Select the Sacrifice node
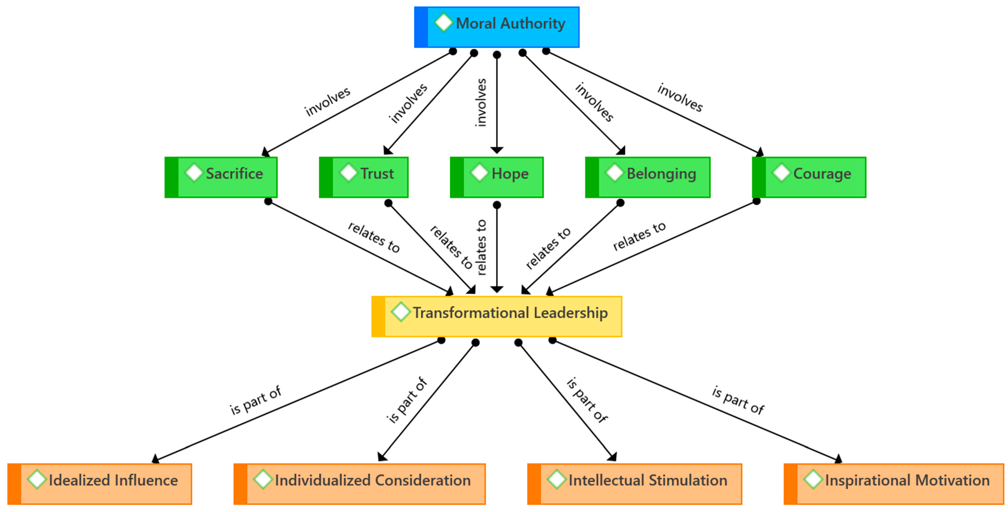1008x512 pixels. tap(221, 177)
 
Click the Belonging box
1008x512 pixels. tap(648, 177)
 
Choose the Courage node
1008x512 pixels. tap(809, 177)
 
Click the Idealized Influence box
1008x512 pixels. tap(100, 484)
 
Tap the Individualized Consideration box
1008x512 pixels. tap(360, 484)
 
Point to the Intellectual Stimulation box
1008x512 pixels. tap(634, 484)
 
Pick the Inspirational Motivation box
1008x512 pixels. tap(894, 484)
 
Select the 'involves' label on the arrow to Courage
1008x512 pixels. tap(680, 97)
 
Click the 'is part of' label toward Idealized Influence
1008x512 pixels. tap(255, 400)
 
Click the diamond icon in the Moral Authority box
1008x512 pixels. tap(443, 22)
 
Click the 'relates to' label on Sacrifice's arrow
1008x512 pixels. tap(374, 237)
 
